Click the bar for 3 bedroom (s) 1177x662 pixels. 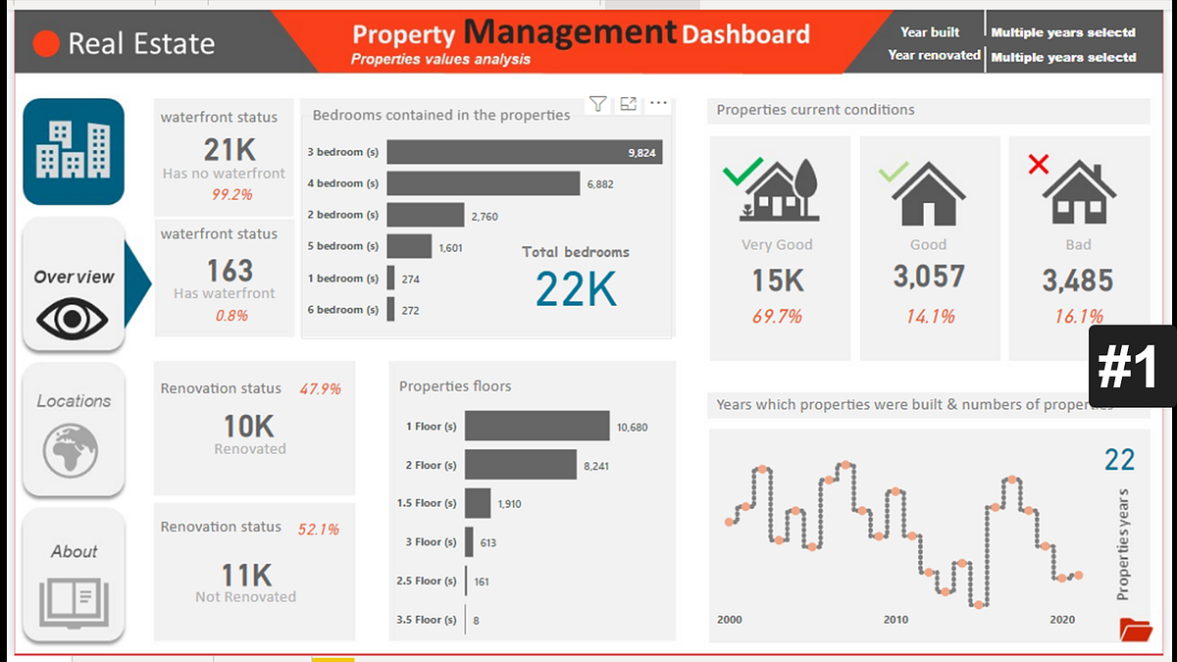[525, 152]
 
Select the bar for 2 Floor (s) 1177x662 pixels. [520, 465]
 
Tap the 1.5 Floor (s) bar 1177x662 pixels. [478, 503]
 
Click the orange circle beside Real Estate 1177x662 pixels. [46, 43]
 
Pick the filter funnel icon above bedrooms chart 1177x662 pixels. [598, 104]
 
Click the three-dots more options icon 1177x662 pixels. [658, 104]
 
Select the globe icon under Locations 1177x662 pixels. [71, 450]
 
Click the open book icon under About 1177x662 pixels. [74, 601]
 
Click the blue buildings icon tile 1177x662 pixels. [74, 151]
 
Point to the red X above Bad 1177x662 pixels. [1038, 164]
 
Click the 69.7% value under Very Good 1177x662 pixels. [778, 316]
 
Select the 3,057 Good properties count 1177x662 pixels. [928, 278]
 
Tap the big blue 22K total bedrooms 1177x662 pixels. [576, 288]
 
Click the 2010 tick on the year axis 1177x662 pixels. [896, 620]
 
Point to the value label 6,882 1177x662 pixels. [599, 183]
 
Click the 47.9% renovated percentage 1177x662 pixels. [320, 389]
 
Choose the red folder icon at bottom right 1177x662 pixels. [1135, 629]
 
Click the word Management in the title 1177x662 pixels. [570, 32]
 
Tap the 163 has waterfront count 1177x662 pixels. [230, 271]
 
